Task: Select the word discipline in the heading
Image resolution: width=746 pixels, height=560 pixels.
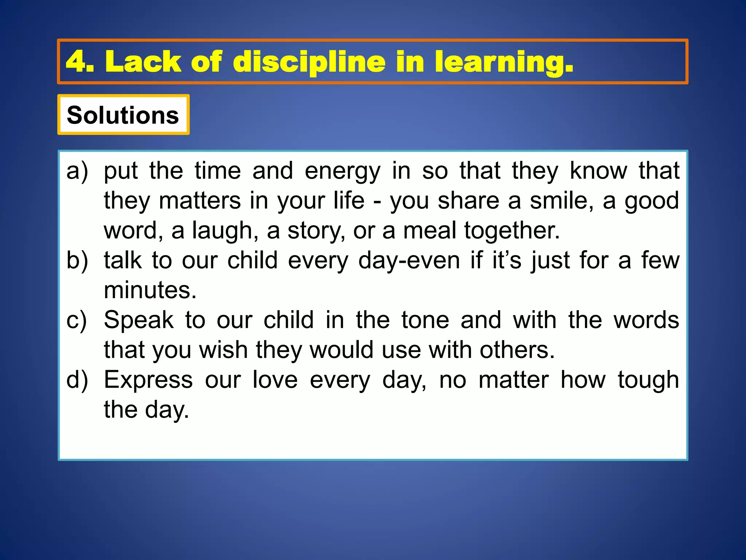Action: pyautogui.click(x=309, y=62)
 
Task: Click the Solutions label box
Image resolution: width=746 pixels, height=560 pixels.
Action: pyautogui.click(x=123, y=115)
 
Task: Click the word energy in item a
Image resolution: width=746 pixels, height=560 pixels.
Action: pyautogui.click(x=342, y=171)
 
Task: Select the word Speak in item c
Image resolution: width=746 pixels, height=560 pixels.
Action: pyautogui.click(x=138, y=320)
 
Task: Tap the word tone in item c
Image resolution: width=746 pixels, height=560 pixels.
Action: pyautogui.click(x=425, y=320)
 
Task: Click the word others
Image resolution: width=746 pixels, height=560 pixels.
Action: pyautogui.click(x=517, y=350)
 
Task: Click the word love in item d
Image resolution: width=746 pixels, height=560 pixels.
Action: pyautogui.click(x=275, y=380)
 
